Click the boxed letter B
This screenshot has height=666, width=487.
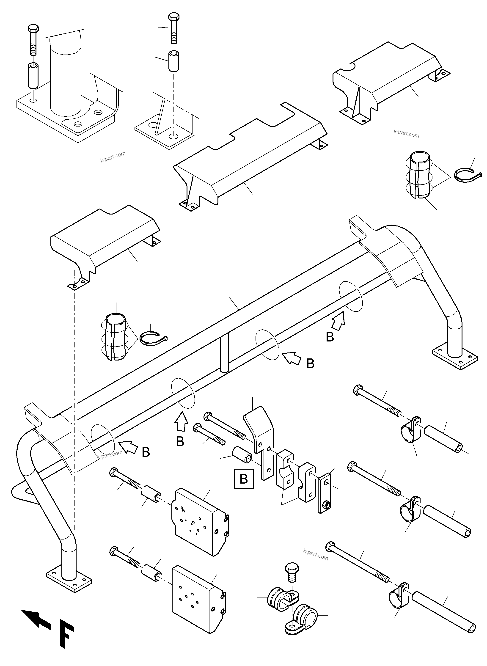pyautogui.click(x=244, y=479)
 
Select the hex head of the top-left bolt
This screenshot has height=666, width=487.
pyautogui.click(x=33, y=29)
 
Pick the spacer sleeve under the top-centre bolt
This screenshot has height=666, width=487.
pyautogui.click(x=174, y=61)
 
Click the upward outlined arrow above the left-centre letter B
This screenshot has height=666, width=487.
pyautogui.click(x=182, y=422)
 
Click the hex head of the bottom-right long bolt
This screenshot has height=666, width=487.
pyautogui.click(x=331, y=546)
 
